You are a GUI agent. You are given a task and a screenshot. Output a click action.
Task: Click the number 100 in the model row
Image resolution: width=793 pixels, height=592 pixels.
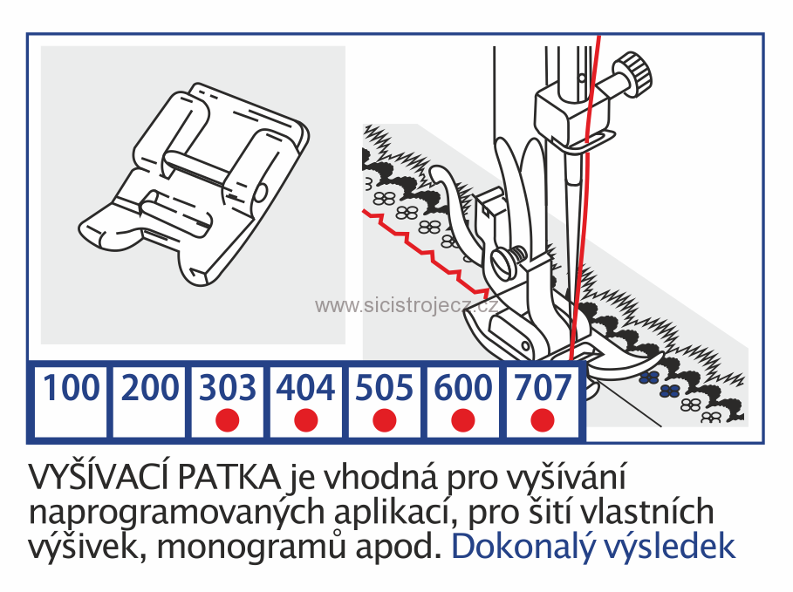pos(71,388)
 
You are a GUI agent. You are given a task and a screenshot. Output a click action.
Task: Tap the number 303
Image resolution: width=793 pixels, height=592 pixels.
pos(228,388)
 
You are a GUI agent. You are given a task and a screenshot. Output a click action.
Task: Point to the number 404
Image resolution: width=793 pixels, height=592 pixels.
pos(305,388)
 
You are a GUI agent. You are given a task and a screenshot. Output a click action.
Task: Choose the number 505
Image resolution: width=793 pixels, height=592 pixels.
pos(384,388)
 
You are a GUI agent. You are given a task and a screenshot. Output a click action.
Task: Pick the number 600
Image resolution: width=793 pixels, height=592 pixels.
pos(463,388)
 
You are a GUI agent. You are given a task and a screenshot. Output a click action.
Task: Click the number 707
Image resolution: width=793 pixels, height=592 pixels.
pos(543,388)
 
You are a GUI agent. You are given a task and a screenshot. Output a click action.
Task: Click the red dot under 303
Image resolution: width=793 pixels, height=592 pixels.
pos(228,419)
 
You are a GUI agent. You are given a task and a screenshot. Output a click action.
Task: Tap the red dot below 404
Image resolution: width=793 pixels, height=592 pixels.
pos(305,419)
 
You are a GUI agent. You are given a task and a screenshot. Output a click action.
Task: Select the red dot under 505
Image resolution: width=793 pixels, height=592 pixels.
pos(384,419)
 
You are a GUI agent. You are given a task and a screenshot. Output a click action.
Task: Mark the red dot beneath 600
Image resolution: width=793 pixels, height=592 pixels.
pos(463,419)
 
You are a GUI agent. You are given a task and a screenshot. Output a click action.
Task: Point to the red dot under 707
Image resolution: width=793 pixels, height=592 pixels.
pos(543,419)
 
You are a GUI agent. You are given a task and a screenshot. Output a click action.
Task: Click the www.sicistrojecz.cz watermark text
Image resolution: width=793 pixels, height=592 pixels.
pos(406,305)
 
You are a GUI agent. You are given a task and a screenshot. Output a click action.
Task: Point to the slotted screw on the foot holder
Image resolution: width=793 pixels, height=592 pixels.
pos(504,258)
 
